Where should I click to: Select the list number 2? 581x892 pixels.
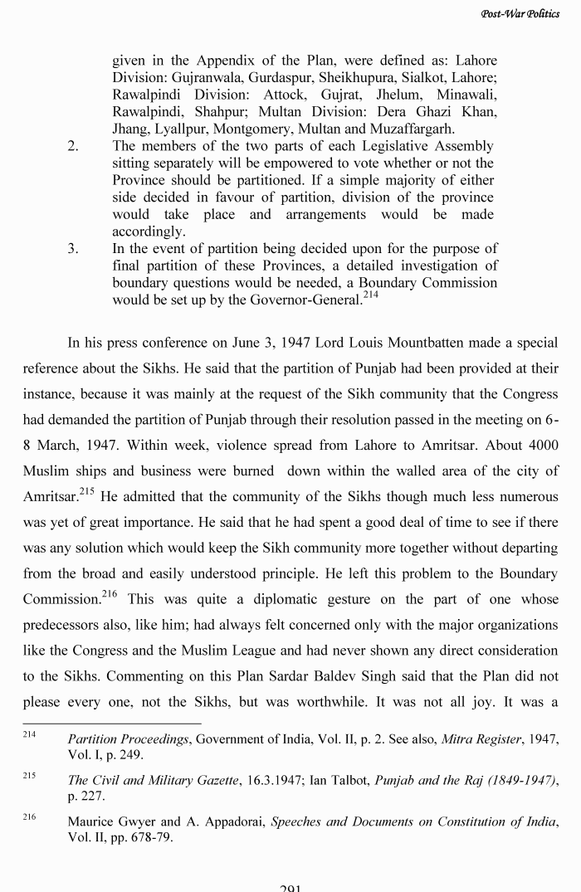coord(73,146)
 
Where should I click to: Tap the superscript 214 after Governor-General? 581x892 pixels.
coord(369,294)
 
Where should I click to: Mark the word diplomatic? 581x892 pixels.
coord(281,600)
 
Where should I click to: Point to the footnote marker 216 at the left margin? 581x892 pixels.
coord(30,817)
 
